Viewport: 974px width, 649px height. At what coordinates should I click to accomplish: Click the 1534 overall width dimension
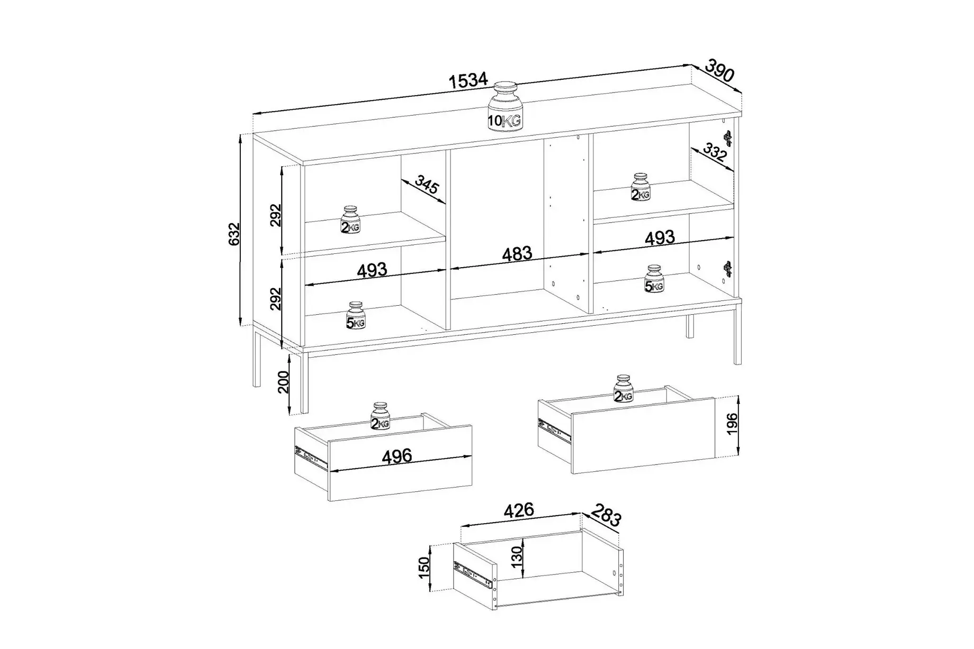468,80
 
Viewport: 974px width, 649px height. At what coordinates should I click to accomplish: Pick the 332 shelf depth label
715,153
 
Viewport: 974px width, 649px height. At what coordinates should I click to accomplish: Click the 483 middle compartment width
517,254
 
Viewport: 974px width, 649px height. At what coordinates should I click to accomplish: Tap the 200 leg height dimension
283,382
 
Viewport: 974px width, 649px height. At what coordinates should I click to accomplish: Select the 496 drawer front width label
397,456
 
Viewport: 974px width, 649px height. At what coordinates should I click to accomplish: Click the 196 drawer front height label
732,424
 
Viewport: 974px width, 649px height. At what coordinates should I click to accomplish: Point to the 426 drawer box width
519,510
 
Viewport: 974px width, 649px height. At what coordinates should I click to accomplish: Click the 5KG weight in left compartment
356,316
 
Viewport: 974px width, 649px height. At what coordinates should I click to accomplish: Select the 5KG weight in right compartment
654,279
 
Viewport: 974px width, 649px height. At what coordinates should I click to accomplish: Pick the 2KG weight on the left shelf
350,220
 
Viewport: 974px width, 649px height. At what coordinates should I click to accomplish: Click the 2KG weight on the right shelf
641,187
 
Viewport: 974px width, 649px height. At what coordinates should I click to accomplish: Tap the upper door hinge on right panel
728,138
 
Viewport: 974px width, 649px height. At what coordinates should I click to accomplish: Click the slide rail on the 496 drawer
312,458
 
